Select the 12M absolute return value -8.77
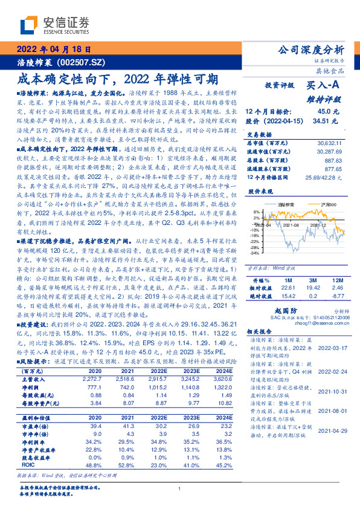pyautogui.click(x=338, y=296)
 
